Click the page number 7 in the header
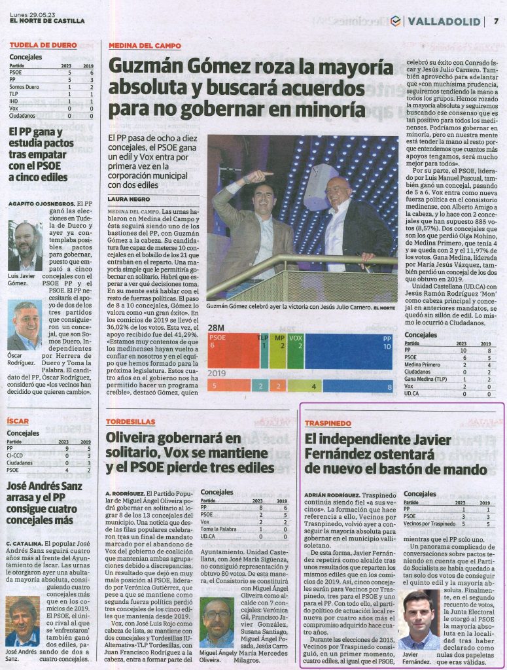click(x=496, y=20)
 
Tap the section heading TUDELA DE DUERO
click(x=43, y=45)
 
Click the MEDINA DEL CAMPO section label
click(x=141, y=45)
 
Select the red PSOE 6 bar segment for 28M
click(x=233, y=351)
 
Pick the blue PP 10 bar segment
click(x=351, y=351)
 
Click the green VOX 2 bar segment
click(x=296, y=351)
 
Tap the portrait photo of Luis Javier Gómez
click(x=25, y=246)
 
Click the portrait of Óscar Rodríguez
click(x=25, y=325)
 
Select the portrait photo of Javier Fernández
click(x=419, y=620)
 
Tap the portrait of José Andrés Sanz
click(x=22, y=621)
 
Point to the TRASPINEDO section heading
click(x=328, y=423)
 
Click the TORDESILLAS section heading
click(x=131, y=422)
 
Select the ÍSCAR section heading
click(x=18, y=421)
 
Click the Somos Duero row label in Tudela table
click(x=24, y=86)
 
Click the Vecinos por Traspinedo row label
click(x=429, y=524)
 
